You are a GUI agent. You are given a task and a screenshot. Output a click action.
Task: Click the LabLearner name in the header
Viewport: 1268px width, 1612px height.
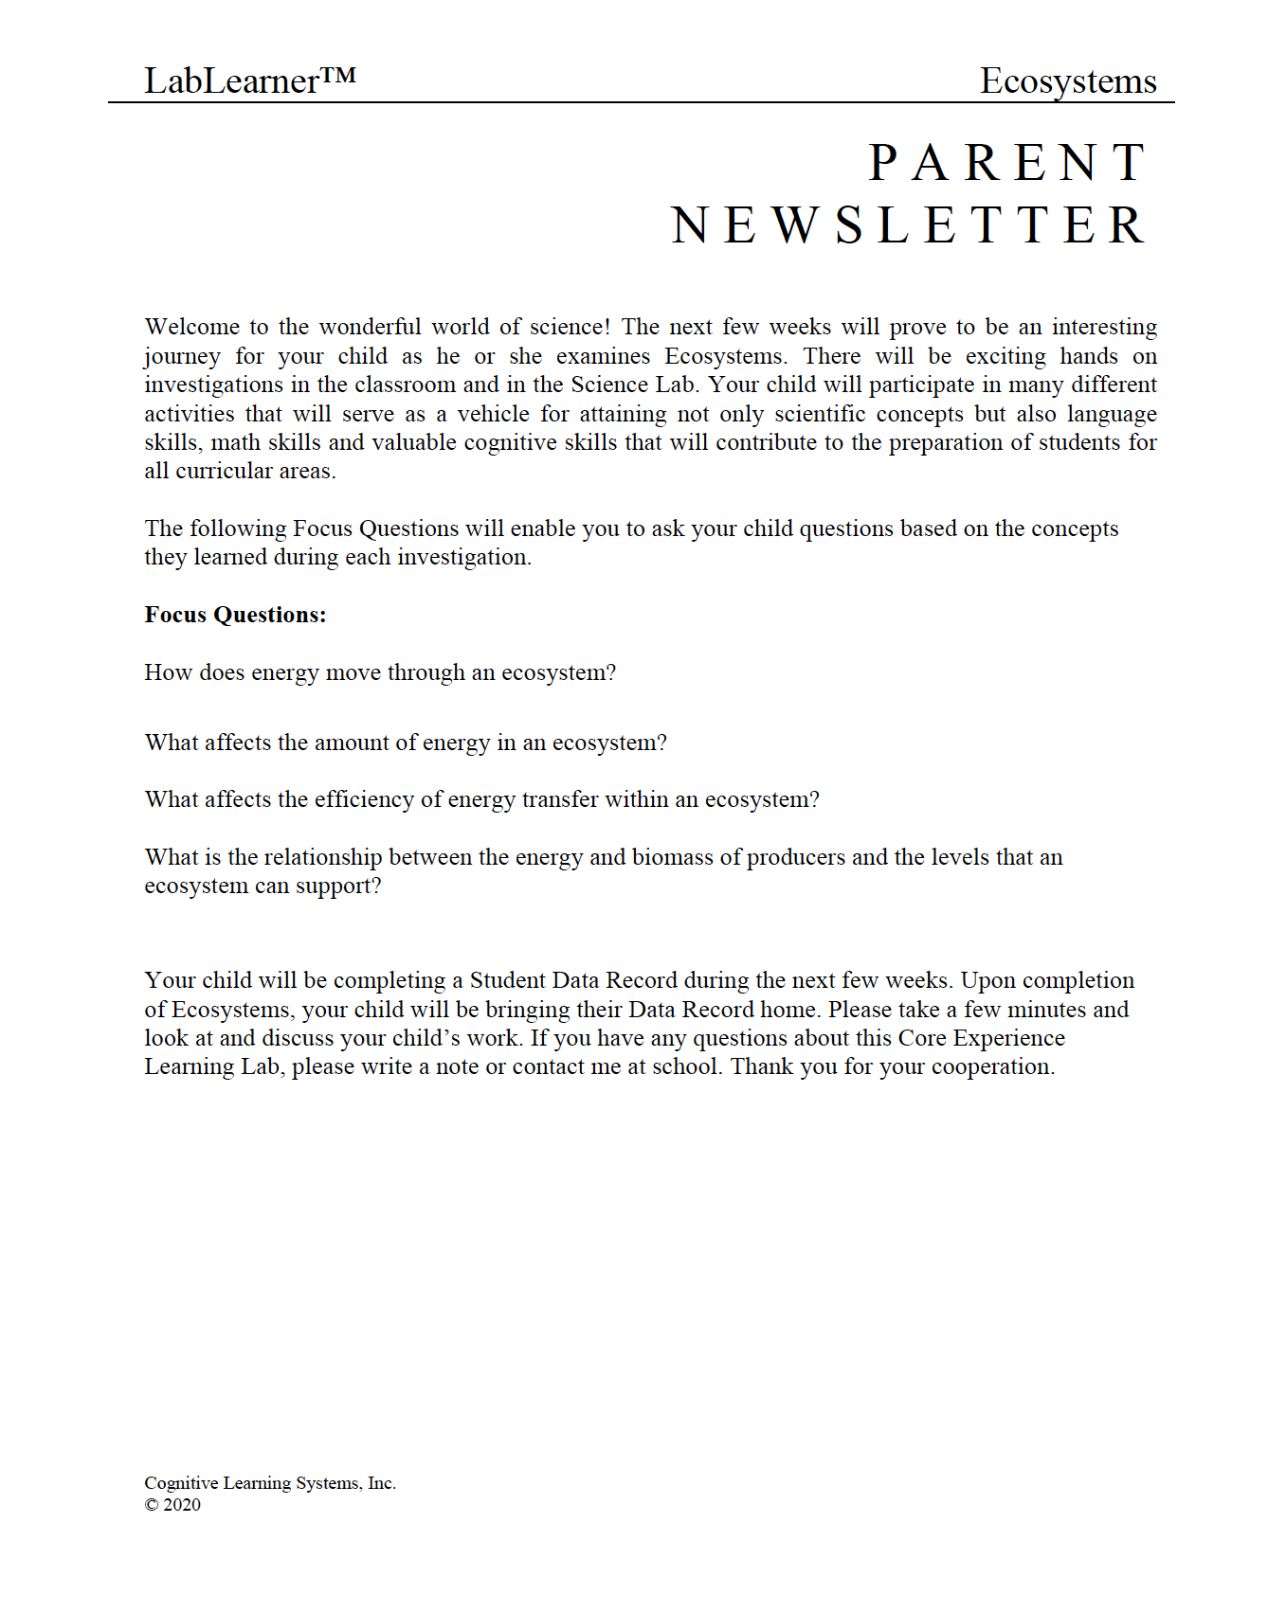tap(231, 81)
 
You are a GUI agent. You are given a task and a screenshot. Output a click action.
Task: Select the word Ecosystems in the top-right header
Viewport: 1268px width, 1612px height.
tap(1068, 81)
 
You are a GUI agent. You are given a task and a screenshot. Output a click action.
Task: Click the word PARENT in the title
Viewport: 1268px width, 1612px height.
tap(1008, 163)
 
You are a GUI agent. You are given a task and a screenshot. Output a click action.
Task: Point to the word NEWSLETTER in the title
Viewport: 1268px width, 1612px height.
tap(909, 225)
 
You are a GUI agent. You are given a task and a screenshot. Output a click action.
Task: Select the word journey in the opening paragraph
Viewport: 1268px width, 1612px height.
tap(182, 357)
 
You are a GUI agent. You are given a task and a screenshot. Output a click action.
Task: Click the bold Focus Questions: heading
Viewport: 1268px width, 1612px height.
tap(235, 615)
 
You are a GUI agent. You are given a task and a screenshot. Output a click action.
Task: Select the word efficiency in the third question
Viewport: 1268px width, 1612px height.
tap(364, 799)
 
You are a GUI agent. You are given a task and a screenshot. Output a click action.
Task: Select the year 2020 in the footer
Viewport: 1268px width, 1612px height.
tap(182, 1505)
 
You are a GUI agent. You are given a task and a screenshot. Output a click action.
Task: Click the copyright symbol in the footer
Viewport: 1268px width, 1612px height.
tap(151, 1505)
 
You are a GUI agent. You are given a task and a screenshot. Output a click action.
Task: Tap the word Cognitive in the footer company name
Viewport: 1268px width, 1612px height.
tap(181, 1483)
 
